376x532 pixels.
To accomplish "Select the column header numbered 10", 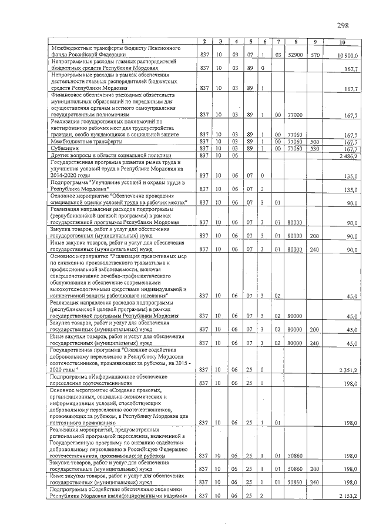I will [x=343, y=41].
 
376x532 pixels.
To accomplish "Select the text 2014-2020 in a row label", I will [x=65, y=175].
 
